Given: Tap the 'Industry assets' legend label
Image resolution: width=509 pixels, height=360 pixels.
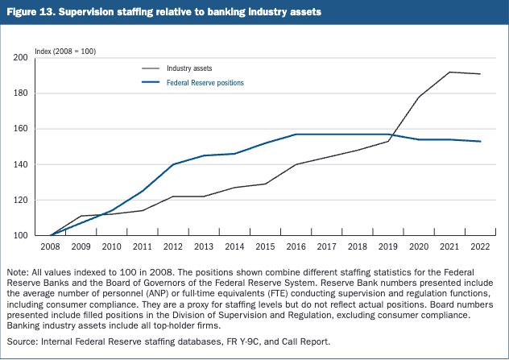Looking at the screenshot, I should tap(189, 68).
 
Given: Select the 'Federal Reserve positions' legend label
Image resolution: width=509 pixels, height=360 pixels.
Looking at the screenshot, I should tap(205, 83).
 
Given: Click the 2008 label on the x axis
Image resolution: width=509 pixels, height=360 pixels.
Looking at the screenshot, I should tap(50, 246).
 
